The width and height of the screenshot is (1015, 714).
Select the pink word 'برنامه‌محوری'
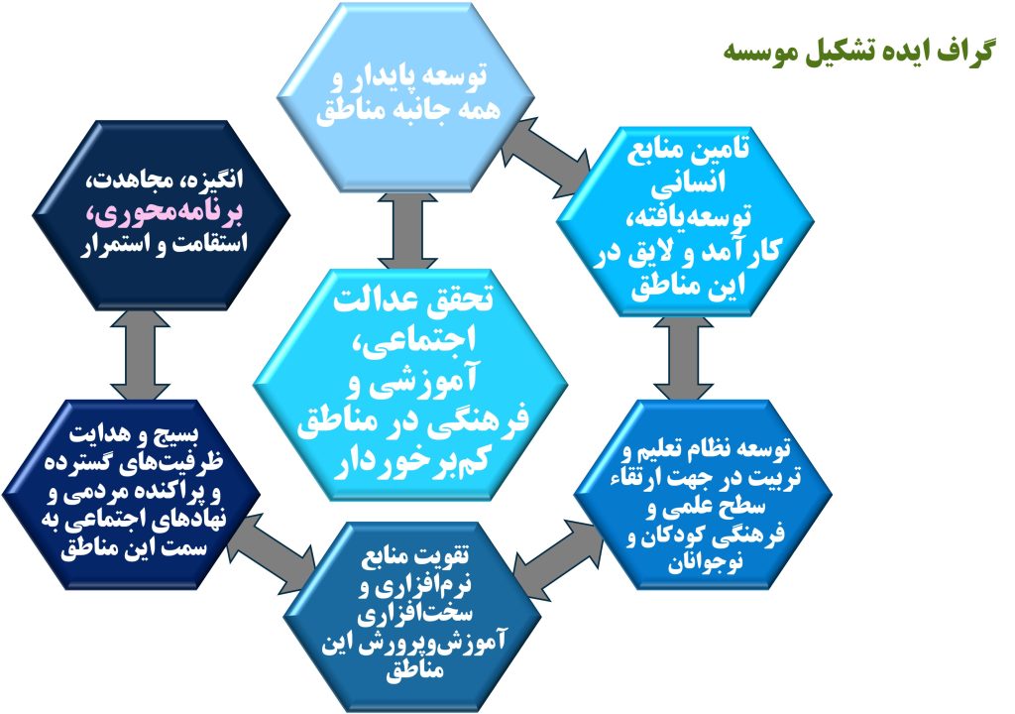click(169, 213)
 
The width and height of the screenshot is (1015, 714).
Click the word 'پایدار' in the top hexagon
click(388, 76)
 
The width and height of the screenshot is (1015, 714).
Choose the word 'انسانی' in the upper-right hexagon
click(687, 183)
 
